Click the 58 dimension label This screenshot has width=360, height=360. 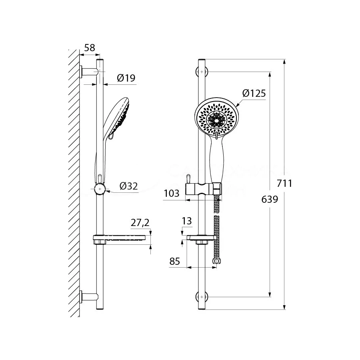click(x=90, y=48)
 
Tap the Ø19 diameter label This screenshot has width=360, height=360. click(x=126, y=78)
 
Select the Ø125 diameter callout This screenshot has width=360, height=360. click(x=254, y=94)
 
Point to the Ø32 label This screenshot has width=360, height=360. click(x=129, y=186)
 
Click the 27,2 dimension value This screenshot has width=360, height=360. click(x=141, y=222)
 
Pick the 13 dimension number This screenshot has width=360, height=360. click(x=186, y=221)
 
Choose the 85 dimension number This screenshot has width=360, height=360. click(x=175, y=262)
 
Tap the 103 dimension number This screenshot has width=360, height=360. click(x=172, y=194)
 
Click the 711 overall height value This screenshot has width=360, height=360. click(x=285, y=184)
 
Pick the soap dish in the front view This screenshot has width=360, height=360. click(x=202, y=240)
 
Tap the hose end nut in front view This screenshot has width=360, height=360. click(x=217, y=261)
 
